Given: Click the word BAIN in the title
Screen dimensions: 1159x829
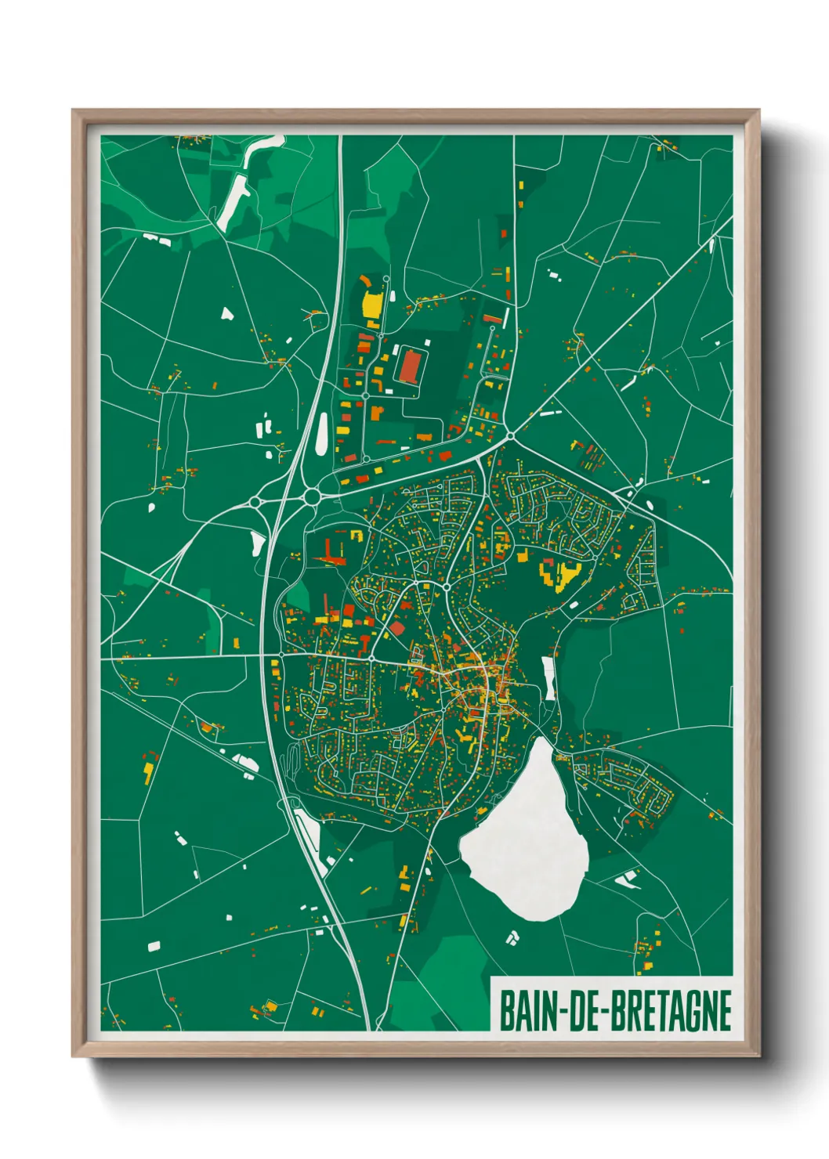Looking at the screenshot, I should [x=527, y=1011].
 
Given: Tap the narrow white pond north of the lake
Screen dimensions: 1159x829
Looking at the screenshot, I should [x=548, y=677].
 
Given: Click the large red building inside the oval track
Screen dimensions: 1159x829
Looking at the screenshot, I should [x=410, y=366].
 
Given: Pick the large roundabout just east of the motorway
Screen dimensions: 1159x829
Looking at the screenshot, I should [x=311, y=496].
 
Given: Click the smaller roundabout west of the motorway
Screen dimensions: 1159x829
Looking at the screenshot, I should [x=255, y=502].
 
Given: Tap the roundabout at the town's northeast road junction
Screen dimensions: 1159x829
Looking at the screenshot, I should [x=510, y=435].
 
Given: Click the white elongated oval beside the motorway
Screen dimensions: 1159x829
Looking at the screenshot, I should [x=321, y=433].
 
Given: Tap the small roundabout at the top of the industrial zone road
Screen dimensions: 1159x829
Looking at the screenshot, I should [x=386, y=278].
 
